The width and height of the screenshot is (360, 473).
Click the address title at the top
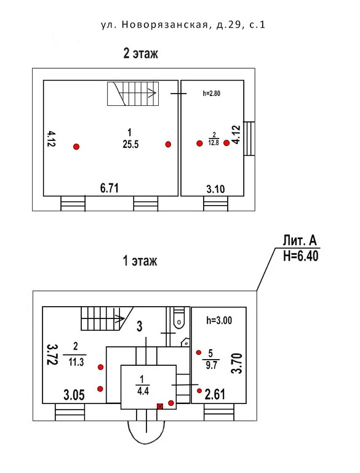point(183,25)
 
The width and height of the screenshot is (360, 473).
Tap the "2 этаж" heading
point(141,54)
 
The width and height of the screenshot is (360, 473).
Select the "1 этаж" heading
point(140,261)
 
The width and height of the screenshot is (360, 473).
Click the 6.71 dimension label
point(110,188)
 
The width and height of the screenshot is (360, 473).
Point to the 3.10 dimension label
point(215,189)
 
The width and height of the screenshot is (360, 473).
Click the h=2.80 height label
point(211,94)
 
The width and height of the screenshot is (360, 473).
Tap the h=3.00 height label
point(219,320)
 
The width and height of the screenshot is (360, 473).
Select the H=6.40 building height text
point(301,256)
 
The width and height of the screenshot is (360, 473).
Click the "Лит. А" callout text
point(300,241)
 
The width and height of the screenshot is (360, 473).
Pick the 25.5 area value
point(130,145)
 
